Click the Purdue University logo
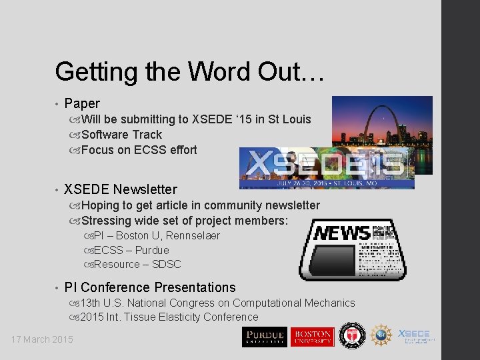point(264,337)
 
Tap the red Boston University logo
point(311,337)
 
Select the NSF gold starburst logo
point(381,335)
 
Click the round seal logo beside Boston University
point(350,335)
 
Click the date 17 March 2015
point(42,340)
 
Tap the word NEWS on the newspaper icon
point(342,233)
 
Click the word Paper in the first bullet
point(82,103)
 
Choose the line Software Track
point(121,135)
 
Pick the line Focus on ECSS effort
point(139,150)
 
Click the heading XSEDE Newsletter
point(121,189)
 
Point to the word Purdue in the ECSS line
point(152,250)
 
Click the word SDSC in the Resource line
point(166,264)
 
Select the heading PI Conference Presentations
point(150,287)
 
